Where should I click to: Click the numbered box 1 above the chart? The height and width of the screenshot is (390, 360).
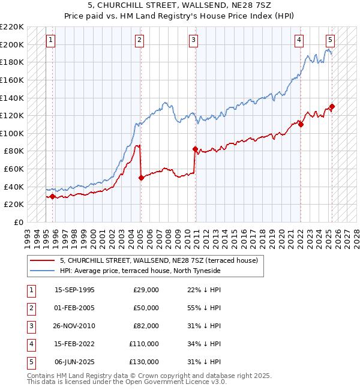50,40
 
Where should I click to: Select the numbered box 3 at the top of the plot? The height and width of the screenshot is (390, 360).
194,40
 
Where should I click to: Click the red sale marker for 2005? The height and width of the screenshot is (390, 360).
141,178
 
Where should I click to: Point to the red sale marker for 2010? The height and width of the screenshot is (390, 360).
195,149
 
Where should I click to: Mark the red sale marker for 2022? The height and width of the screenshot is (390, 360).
301,124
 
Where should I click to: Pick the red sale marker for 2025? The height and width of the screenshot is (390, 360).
332,107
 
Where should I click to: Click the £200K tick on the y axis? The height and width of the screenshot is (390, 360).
13,44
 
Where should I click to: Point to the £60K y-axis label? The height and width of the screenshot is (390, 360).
15,169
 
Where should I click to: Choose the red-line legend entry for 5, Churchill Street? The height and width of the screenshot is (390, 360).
159,260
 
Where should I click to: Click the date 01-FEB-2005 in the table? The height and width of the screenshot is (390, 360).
75,308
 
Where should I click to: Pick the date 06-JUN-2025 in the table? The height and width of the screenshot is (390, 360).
75,362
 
